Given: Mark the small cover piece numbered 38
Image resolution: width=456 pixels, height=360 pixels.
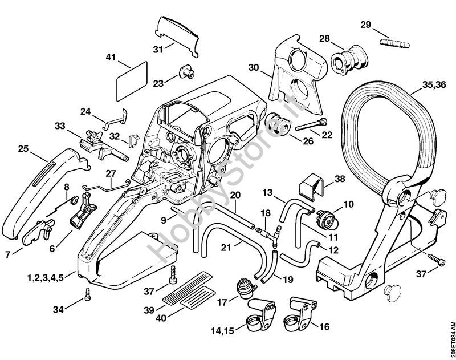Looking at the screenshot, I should tap(310, 187).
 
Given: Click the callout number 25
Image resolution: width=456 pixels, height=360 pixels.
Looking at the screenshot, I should tap(24, 149).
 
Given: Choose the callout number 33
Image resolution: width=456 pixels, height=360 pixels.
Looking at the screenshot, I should tap(60, 126).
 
